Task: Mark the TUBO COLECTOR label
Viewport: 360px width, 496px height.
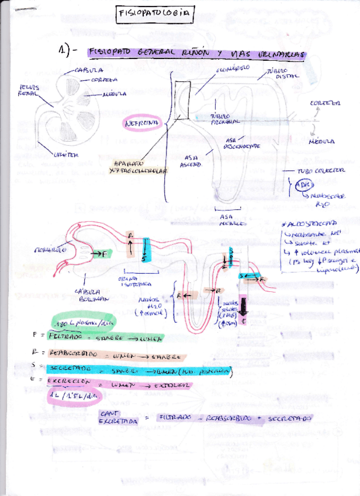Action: point(319,172)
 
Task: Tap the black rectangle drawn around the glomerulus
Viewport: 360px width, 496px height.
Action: point(182,100)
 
